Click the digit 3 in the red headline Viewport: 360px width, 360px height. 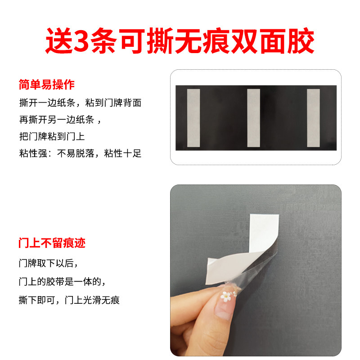click(81, 41)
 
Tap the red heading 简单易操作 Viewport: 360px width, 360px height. click(46, 84)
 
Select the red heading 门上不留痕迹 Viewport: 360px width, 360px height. click(52, 243)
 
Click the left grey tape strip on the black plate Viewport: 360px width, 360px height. click(193, 118)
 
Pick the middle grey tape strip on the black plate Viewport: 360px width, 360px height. click(253, 118)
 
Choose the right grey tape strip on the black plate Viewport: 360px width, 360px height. click(313, 118)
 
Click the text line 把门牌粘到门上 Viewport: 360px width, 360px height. click(52, 136)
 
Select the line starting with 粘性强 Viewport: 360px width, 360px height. click(80, 153)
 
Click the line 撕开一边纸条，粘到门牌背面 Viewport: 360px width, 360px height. click(80, 103)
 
